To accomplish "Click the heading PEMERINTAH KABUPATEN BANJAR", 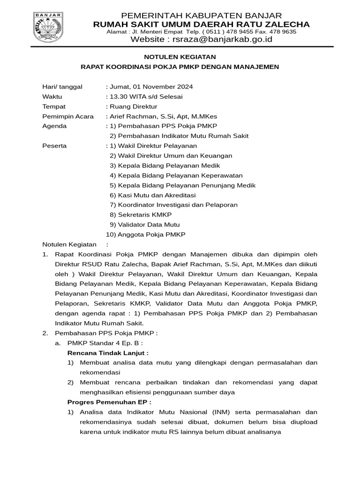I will (x=201, y=15).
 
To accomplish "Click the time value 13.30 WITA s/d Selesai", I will (x=146, y=97).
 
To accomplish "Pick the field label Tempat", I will (x=54, y=106).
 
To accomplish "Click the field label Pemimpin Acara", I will (x=68, y=116).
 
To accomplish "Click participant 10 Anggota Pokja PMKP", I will (x=146, y=234).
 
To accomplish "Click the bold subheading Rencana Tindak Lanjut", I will (x=108, y=352).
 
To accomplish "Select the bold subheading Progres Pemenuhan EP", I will (x=110, y=402).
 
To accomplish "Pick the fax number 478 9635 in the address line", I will (x=283, y=32).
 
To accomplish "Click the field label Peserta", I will (x=54, y=146).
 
